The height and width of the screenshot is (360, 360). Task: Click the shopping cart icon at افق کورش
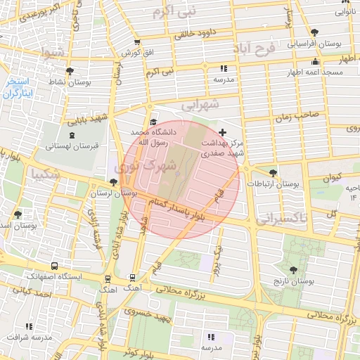tap(136, 42)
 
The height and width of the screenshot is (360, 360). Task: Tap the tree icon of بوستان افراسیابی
tap(314, 32)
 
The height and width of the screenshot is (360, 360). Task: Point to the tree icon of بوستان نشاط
tap(70, 71)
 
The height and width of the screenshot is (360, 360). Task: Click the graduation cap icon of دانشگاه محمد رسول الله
tap(153, 122)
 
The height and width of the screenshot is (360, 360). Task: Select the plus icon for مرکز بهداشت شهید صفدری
tap(223, 132)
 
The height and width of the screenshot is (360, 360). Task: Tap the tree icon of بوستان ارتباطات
tap(273, 172)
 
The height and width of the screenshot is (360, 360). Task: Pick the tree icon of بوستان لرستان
tap(113, 182)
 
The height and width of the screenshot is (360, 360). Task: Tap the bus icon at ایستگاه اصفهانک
tap(107, 277)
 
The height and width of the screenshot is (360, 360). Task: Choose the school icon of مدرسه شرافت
tap(29, 326)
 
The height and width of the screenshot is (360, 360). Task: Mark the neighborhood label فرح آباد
tap(255, 51)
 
